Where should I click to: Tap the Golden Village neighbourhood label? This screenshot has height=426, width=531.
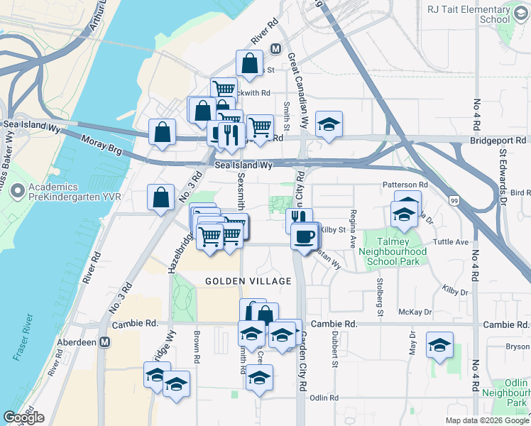(248, 281)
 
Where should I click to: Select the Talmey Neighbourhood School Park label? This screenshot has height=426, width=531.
(393, 251)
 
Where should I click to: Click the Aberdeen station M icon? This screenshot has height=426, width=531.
(104, 342)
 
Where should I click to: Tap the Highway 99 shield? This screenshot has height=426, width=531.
(454, 201)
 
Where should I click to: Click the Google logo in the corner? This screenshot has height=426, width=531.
(23, 417)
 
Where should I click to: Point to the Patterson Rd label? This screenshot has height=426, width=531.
(405, 185)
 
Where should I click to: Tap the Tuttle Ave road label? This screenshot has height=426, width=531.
(451, 241)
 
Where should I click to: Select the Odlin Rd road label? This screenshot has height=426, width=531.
(324, 398)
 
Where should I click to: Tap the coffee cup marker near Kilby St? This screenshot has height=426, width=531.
(305, 236)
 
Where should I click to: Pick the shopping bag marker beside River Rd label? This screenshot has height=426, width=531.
(249, 63)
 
